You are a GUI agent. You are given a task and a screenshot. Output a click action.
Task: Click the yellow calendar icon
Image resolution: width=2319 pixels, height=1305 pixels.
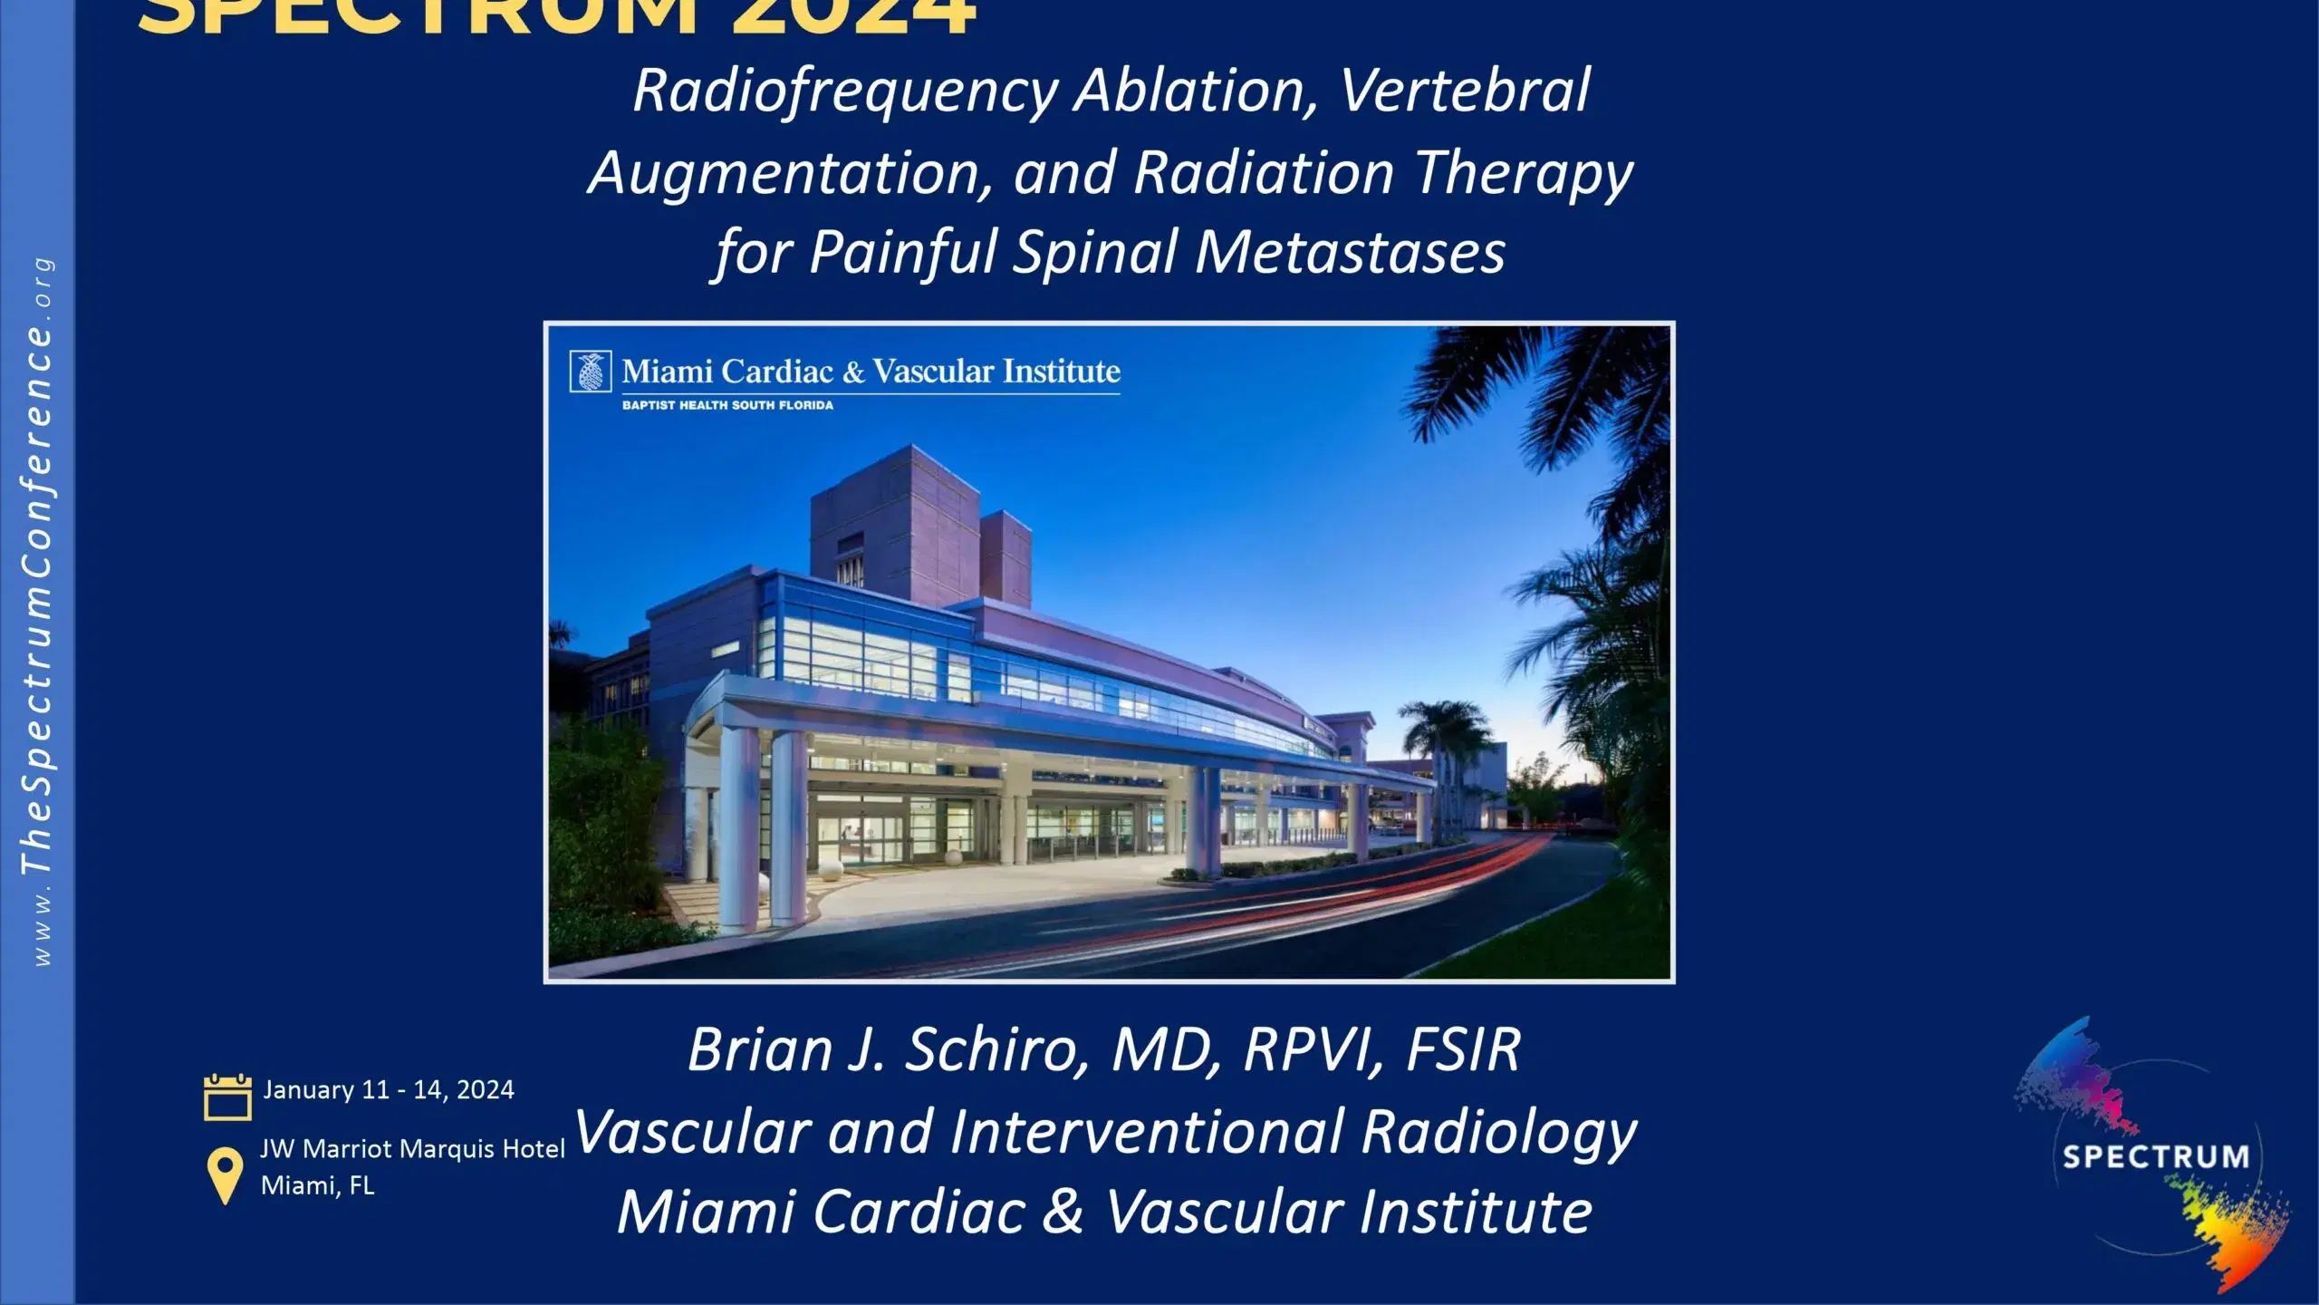tap(227, 1097)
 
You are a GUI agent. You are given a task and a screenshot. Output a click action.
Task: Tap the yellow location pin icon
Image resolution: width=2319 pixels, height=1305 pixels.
tap(225, 1174)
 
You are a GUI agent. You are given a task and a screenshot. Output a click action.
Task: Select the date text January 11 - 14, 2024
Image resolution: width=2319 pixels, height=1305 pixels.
tap(389, 1089)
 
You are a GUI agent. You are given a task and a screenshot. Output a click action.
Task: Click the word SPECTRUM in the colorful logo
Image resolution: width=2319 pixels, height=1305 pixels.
tap(2155, 1157)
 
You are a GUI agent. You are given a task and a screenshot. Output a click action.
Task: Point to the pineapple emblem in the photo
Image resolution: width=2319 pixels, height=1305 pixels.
tap(591, 372)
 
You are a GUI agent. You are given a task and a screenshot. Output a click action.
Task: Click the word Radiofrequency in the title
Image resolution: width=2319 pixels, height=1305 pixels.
tap(845, 91)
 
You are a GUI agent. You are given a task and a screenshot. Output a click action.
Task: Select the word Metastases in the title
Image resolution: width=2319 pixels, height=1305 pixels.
tap(1350, 252)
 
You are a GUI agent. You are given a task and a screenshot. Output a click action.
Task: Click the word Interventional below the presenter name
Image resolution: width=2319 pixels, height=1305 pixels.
tap(1146, 1131)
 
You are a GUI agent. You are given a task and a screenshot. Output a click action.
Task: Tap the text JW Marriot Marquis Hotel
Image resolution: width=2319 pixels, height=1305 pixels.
tap(412, 1149)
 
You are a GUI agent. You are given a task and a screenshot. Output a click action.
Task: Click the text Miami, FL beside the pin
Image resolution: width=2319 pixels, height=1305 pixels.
tap(317, 1185)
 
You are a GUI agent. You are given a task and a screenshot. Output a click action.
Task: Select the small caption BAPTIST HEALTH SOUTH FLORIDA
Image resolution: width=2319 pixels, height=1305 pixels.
tap(727, 405)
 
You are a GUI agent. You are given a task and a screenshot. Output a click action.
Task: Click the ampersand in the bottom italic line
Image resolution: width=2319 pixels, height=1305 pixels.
tap(1063, 1212)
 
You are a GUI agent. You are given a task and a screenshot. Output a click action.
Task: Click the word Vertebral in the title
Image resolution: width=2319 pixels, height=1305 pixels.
tap(1465, 91)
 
